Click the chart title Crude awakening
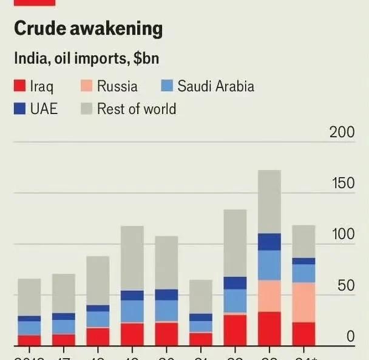(x=88, y=28)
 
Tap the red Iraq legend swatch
(x=19, y=86)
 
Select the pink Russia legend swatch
(x=86, y=86)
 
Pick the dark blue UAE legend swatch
(x=19, y=109)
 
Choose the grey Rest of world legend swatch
(x=86, y=109)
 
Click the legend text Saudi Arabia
(x=215, y=86)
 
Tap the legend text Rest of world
(x=137, y=109)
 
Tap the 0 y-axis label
(x=350, y=336)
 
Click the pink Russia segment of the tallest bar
(x=269, y=296)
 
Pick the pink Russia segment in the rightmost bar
(x=303, y=302)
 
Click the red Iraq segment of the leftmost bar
(x=29, y=341)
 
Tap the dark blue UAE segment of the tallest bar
(x=269, y=242)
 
